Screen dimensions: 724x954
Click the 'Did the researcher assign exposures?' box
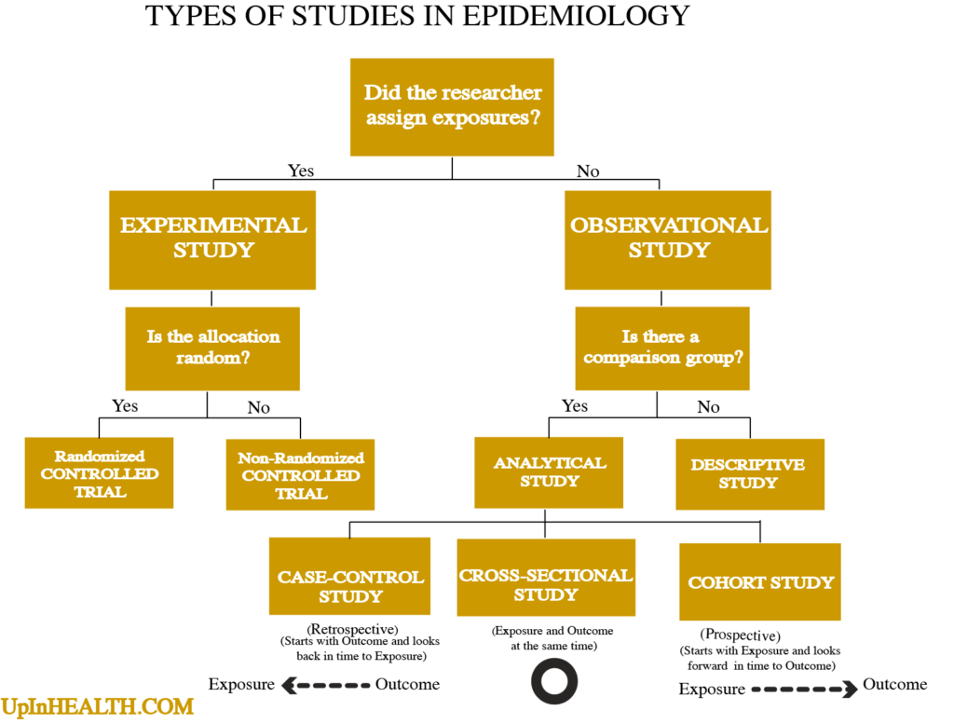tap(452, 106)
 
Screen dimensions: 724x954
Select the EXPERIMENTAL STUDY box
tap(212, 239)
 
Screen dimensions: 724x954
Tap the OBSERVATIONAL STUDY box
tap(667, 239)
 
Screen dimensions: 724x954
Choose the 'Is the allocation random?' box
tap(212, 348)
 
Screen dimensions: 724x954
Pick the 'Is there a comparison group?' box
tap(661, 348)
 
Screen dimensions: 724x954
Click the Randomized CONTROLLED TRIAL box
tap(99, 472)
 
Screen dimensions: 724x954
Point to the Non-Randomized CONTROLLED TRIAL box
tap(300, 474)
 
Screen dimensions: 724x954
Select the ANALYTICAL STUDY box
tap(549, 471)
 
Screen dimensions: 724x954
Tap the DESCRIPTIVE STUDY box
tap(749, 473)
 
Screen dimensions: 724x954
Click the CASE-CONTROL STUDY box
tap(349, 576)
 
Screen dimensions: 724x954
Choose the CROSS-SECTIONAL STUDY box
tap(546, 577)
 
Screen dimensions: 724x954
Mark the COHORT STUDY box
tap(760, 581)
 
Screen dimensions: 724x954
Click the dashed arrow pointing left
tap(325, 686)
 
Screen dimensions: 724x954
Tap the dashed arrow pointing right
tap(805, 690)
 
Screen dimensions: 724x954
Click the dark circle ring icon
tap(554, 681)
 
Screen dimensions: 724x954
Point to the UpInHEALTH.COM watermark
tap(97, 706)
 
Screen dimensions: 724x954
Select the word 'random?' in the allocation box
tap(212, 359)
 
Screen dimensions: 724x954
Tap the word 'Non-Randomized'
tap(300, 458)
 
